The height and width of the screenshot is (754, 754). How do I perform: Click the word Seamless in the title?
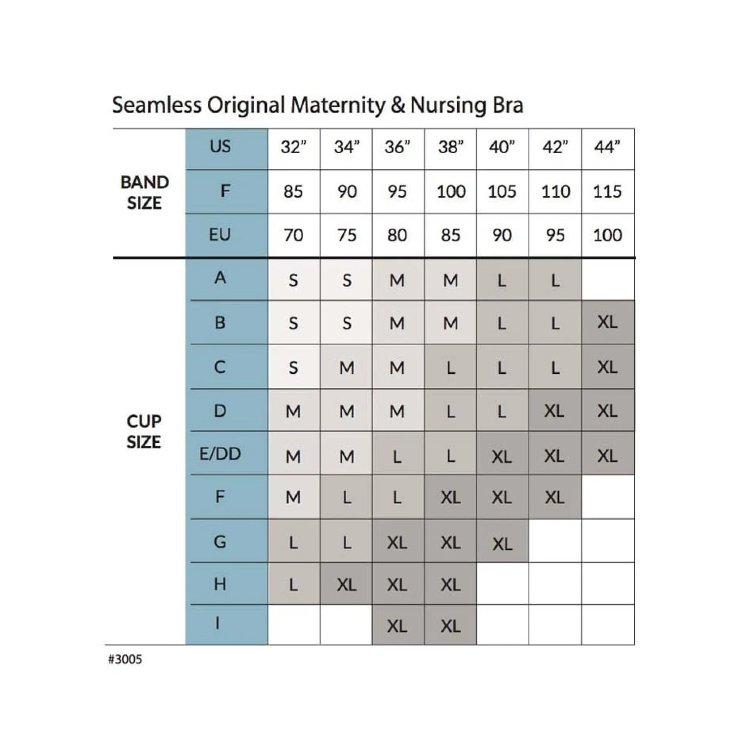coord(156,105)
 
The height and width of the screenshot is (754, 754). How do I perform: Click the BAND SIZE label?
coord(144,193)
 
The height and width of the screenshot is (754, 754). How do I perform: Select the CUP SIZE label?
coord(144,432)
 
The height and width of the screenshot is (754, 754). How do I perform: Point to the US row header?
coord(220,146)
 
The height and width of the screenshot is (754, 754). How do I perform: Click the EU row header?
coord(220,235)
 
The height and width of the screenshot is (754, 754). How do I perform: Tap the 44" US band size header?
coord(607,147)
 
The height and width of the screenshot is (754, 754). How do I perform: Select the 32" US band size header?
coord(294,147)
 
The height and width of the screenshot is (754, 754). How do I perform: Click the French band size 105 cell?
coord(502,191)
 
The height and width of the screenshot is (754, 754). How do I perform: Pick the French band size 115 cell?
coord(607,191)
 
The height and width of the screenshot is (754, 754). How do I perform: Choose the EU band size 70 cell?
coord(294,235)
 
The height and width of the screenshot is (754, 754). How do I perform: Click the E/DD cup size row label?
coord(220,454)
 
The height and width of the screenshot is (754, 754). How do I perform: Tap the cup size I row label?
coord(218,623)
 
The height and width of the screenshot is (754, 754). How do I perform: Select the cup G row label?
coord(220,542)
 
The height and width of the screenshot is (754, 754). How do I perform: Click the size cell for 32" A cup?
coord(294,280)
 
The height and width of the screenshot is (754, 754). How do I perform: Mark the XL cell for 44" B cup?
coord(607,322)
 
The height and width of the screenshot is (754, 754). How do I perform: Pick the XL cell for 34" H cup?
coord(347,585)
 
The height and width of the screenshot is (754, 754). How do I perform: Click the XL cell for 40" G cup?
coord(502,544)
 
